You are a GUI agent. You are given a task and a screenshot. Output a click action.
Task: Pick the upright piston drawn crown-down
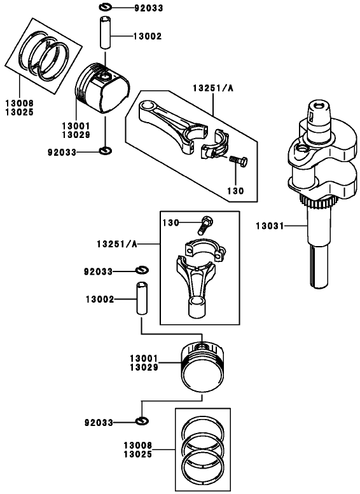pos(202,367)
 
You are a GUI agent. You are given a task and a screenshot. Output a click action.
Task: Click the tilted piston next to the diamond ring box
pos(102,89)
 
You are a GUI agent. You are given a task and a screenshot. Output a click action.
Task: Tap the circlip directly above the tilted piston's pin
pos(106,8)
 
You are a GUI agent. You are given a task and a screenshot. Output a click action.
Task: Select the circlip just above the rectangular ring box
pos(142,422)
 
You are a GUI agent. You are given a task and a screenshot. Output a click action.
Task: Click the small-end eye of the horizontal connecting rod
pos(149,108)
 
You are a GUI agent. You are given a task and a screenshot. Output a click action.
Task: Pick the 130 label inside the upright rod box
pos(171,223)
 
